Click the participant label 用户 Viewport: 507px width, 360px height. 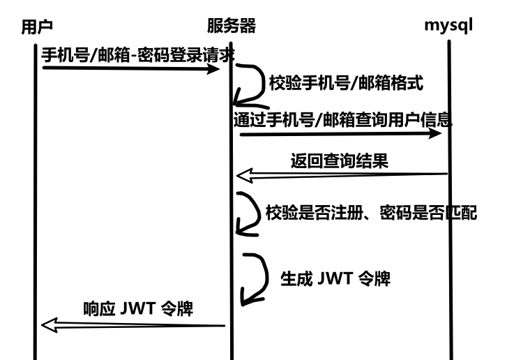click(x=37, y=27)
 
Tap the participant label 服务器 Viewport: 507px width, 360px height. click(x=232, y=27)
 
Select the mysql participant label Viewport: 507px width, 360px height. click(x=449, y=27)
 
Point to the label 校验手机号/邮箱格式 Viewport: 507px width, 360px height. click(x=346, y=82)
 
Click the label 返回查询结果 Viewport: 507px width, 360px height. click(x=339, y=160)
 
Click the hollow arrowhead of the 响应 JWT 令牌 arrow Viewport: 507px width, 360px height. click(x=47, y=324)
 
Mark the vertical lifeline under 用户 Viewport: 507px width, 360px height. click(x=33, y=209)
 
